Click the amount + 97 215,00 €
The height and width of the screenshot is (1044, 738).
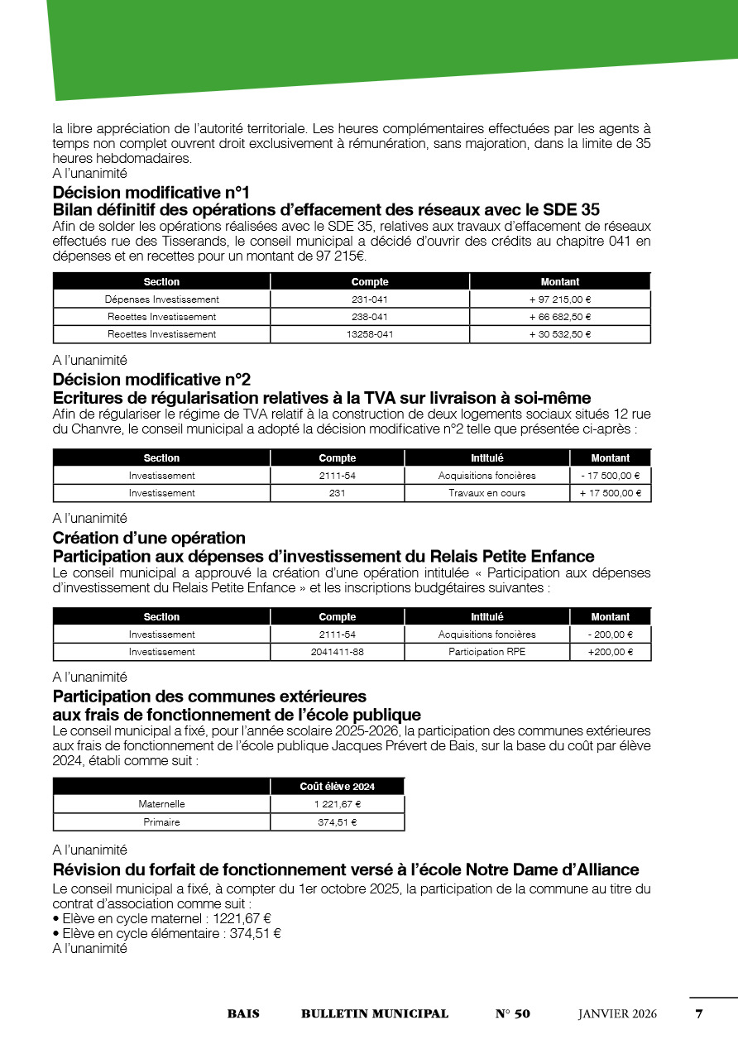(560, 299)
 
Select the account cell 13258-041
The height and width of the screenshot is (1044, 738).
(370, 334)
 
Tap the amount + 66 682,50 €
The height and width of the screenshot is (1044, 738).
(560, 317)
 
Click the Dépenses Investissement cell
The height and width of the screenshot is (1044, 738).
(162, 299)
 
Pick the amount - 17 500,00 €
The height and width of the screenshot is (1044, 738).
(611, 476)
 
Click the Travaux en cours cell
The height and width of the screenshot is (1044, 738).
(486, 493)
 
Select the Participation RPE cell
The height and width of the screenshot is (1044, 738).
(486, 652)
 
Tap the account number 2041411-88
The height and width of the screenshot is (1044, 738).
(338, 652)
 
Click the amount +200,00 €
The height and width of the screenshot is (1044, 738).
(611, 652)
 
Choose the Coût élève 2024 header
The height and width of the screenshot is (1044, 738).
(337, 787)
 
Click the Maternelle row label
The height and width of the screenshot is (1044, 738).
(162, 804)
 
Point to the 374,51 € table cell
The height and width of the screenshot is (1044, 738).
(337, 822)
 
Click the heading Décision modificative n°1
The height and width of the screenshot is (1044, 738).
(151, 193)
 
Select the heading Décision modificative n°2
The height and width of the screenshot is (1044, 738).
(151, 380)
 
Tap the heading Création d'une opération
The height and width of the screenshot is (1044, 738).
(149, 539)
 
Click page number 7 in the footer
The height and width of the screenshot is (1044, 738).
(699, 1014)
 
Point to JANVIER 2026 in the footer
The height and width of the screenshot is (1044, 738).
(617, 1014)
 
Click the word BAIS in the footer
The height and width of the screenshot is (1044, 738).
(243, 1014)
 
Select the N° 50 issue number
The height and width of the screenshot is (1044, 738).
(513, 1014)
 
